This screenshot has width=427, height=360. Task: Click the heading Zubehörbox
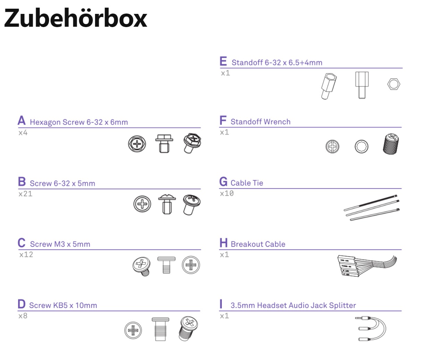[x=75, y=18]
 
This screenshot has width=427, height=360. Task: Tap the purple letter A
[x=22, y=121]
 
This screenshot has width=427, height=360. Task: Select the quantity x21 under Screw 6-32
[x=25, y=194]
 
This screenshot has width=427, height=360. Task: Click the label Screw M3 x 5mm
[x=60, y=244]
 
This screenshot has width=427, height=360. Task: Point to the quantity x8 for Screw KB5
[x=23, y=316]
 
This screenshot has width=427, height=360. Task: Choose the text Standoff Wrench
[x=260, y=122]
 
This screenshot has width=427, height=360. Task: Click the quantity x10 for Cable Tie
[x=227, y=193]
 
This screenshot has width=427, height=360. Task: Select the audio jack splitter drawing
[x=370, y=328]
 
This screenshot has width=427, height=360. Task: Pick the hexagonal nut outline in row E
[x=394, y=84]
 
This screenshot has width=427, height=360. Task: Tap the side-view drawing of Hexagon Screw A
[x=164, y=143]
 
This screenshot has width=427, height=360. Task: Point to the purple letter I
[x=221, y=304]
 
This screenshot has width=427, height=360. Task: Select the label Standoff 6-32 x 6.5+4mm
[x=277, y=63]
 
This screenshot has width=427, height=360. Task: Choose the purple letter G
[x=223, y=182]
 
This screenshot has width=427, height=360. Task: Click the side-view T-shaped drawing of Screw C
[x=166, y=265]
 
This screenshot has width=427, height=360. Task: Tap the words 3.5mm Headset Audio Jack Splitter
[x=293, y=305]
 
